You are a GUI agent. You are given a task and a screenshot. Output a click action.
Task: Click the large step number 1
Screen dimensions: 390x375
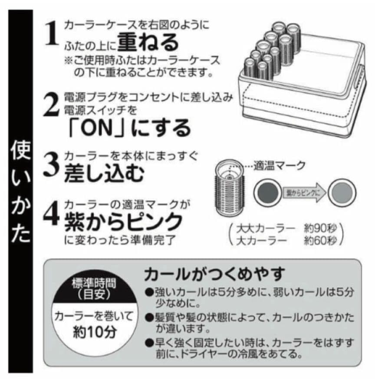[52, 34]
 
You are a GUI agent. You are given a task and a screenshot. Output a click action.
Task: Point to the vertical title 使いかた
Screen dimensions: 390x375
[20, 191]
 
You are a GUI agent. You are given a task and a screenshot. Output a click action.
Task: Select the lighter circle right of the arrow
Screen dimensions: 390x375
[342, 192]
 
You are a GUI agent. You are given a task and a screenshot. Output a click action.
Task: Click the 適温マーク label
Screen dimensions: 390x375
[286, 165]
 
